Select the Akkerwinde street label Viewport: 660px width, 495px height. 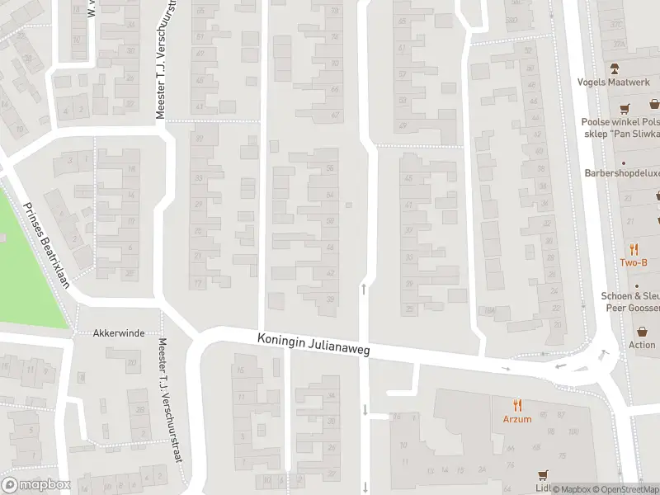[x=120, y=333]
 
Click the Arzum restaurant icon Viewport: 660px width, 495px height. [x=518, y=404]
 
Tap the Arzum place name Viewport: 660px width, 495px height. [x=518, y=418]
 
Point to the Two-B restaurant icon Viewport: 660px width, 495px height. [x=634, y=249]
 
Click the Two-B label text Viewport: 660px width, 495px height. [x=634, y=263]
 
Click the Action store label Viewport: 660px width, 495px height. [x=642, y=345]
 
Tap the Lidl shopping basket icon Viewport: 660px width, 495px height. [x=543, y=475]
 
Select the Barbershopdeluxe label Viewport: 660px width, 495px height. [x=621, y=173]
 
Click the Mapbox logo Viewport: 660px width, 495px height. [x=36, y=485]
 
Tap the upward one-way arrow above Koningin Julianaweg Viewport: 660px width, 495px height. [x=363, y=289]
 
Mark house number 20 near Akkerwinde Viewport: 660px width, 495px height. [x=132, y=362]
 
